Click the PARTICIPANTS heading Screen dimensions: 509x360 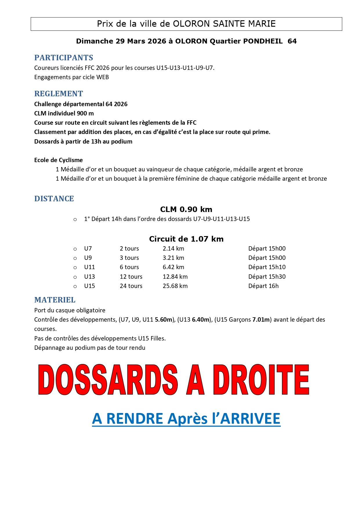tap(64, 58)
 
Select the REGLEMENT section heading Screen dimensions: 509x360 tap(59, 94)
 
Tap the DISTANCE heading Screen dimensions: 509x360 tap(54, 199)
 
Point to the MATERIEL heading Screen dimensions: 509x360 tap(55, 300)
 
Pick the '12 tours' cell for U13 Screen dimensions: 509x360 tap(131, 277)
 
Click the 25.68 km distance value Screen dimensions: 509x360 tap(175, 286)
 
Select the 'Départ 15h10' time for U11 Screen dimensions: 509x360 tap(267, 267)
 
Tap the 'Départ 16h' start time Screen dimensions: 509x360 tap(263, 286)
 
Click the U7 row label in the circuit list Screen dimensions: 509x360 tap(88, 249)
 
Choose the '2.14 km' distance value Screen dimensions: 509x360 tap(173, 249)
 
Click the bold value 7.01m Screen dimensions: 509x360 tap(261, 320)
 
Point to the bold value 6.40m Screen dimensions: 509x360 tap(200, 320)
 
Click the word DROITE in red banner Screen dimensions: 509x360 tap(261, 380)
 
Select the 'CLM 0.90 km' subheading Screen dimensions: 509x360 tap(186, 209)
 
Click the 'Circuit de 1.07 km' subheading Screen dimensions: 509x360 tap(186, 239)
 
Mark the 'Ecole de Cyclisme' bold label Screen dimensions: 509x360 tap(58, 160)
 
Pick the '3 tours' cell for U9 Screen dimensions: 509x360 tap(129, 258)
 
